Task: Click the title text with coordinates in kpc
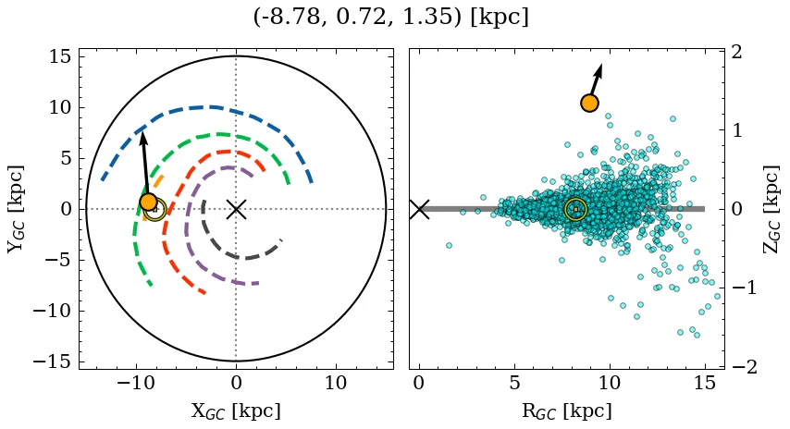[x=390, y=18]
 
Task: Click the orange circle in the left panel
[x=148, y=202]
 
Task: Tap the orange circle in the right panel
[x=589, y=103]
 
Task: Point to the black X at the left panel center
[x=236, y=209]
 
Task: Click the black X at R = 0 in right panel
[x=419, y=209]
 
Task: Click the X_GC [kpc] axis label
[x=236, y=411]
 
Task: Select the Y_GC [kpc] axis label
[x=16, y=209]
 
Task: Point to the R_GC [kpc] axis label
[x=566, y=411]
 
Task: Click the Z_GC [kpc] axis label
[x=772, y=209]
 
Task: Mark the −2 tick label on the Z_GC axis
[x=745, y=367]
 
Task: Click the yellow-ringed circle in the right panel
[x=575, y=209]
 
